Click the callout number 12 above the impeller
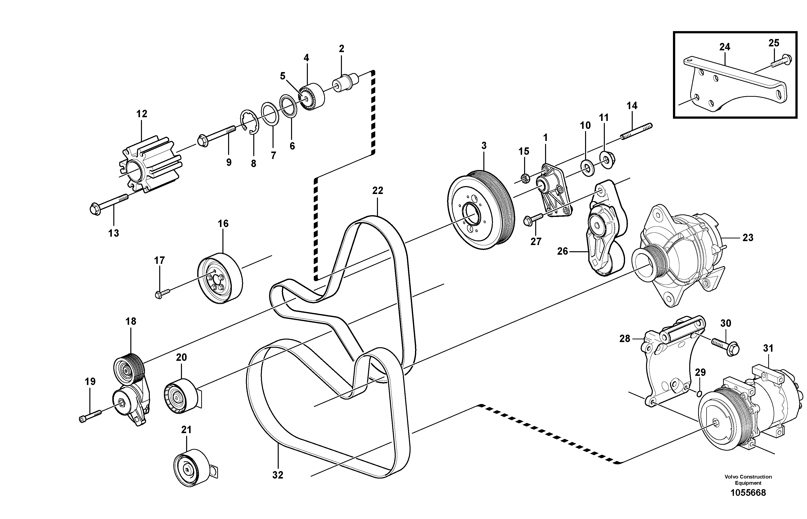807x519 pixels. (142, 114)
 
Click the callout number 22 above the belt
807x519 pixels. (377, 191)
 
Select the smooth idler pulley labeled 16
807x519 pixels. (220, 278)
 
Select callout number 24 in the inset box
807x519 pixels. (725, 47)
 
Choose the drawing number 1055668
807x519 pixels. (748, 493)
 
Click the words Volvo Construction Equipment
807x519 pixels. (748, 480)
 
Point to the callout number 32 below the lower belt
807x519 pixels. (277, 475)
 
